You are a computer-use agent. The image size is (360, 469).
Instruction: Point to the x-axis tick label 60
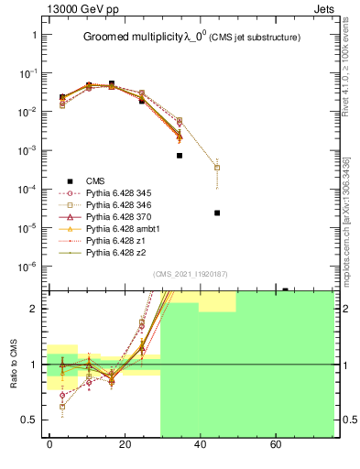click(x=275, y=445)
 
